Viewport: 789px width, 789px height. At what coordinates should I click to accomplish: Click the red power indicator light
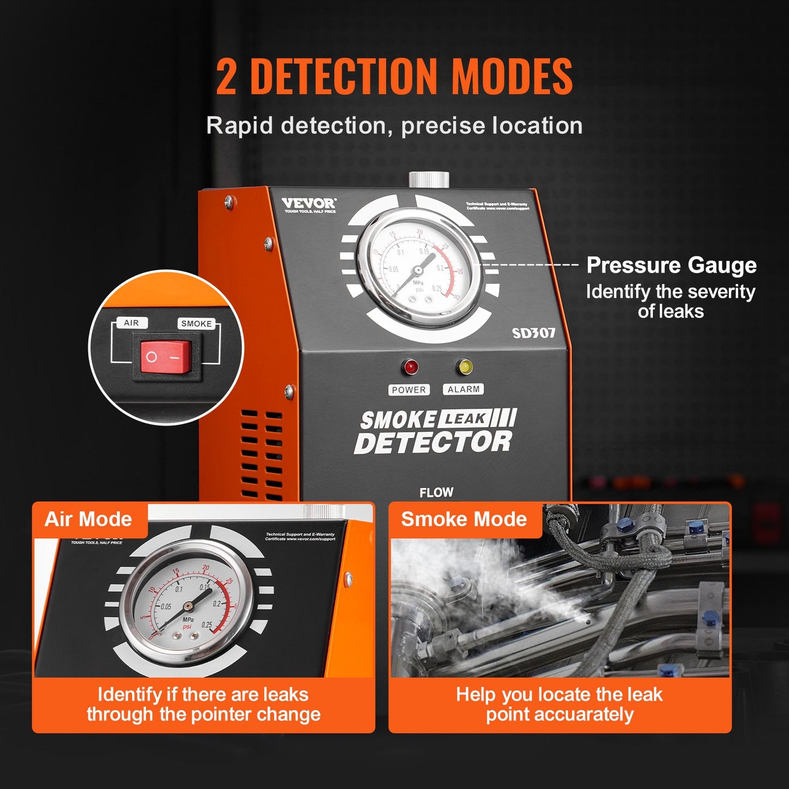[x=409, y=367]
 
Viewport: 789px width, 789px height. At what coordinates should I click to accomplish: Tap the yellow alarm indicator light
[x=465, y=367]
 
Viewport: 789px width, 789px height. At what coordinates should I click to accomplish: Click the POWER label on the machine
[x=409, y=390]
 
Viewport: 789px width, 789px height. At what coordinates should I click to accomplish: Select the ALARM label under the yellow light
[x=464, y=389]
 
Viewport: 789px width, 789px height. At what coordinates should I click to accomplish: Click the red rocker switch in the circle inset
[x=167, y=358]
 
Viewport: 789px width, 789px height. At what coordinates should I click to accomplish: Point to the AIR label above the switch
[x=132, y=323]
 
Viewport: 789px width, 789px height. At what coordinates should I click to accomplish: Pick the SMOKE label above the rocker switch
[x=197, y=323]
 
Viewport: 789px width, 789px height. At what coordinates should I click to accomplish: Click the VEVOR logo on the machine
[x=309, y=203]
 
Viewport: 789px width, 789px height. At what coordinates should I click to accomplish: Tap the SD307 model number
[x=533, y=333]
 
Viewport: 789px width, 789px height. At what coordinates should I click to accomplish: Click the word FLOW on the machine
[x=436, y=493]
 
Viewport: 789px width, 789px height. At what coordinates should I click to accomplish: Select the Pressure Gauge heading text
[x=671, y=265]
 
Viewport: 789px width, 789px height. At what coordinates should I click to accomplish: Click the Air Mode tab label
[x=88, y=519]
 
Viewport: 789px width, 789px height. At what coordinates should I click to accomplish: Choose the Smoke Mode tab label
[x=464, y=519]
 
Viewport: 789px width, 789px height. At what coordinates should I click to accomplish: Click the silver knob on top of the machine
[x=429, y=179]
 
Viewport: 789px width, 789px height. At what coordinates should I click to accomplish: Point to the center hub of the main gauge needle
[x=418, y=270]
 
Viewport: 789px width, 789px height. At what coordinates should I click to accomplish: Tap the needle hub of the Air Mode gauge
[x=188, y=606]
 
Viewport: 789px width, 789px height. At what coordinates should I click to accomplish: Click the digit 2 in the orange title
[x=227, y=77]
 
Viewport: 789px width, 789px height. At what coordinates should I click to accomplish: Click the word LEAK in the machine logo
[x=464, y=419]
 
